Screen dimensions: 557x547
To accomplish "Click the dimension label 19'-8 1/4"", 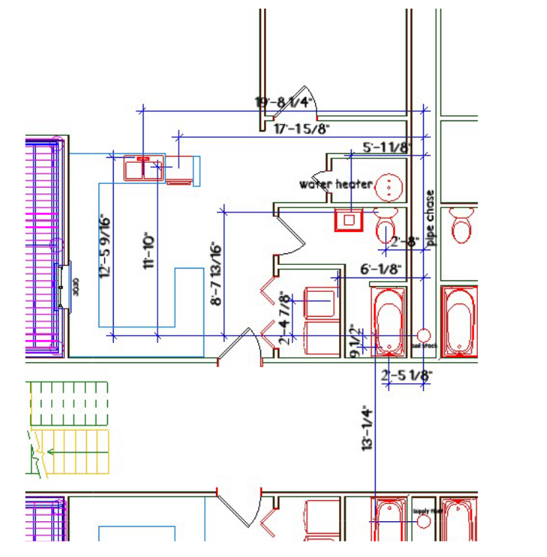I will pyautogui.click(x=284, y=102).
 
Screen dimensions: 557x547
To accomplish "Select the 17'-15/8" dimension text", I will pyautogui.click(x=302, y=129).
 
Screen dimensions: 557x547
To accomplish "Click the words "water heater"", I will pyautogui.click(x=335, y=184).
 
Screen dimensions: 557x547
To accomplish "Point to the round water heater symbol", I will pyautogui.click(x=390, y=187).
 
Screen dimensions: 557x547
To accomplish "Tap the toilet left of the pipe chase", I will pyautogui.click(x=385, y=226).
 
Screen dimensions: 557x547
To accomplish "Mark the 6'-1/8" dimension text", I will pyautogui.click(x=381, y=269).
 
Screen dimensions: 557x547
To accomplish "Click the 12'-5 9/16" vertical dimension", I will pyautogui.click(x=106, y=245).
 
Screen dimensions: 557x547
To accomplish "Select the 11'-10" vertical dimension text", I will pyautogui.click(x=150, y=251).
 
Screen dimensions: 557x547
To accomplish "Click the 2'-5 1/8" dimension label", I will pyautogui.click(x=407, y=375).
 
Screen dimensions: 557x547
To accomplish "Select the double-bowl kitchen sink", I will pyautogui.click(x=144, y=169).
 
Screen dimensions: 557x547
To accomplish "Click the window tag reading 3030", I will pyautogui.click(x=74, y=288).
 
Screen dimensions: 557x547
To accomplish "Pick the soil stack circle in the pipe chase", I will pyautogui.click(x=424, y=336).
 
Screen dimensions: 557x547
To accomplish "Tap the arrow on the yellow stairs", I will pyautogui.click(x=69, y=452).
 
